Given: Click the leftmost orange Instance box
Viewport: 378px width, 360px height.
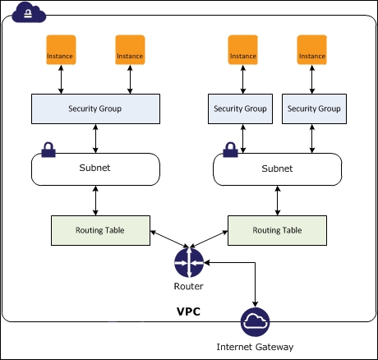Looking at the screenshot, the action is (x=61, y=50).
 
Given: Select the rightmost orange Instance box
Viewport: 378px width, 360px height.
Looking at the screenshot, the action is (x=312, y=50).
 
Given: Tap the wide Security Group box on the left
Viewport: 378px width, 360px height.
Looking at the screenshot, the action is (x=95, y=108).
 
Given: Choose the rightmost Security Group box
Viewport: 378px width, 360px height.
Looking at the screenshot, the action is (x=314, y=108).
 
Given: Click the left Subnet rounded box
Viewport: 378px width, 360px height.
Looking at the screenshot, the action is (x=95, y=169).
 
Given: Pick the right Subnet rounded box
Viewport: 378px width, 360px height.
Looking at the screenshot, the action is (x=277, y=169).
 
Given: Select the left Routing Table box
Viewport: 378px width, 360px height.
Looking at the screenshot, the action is (x=100, y=230).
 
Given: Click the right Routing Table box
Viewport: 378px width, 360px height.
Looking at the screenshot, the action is (x=277, y=230).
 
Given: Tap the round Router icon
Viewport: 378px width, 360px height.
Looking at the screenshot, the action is (x=189, y=262).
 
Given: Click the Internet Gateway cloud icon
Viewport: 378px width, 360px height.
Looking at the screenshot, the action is (x=255, y=322).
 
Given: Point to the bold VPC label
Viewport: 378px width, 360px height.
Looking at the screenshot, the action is (x=188, y=312).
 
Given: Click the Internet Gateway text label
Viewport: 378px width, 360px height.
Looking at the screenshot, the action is (x=255, y=347).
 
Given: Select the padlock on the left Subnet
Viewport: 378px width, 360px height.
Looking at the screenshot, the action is (x=48, y=150).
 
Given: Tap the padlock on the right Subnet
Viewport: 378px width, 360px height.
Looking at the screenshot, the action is (x=230, y=150).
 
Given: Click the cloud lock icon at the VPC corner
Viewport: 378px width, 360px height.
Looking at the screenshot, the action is (x=29, y=12).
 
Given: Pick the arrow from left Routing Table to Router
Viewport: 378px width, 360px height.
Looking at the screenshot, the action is (x=169, y=239).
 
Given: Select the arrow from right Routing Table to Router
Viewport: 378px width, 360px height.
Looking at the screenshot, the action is (x=209, y=239).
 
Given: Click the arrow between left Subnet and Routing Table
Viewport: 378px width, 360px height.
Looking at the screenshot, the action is (x=95, y=201).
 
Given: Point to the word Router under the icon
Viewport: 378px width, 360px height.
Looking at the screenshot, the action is (x=189, y=286).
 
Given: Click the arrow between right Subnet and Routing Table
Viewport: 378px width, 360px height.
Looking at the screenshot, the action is (x=278, y=201).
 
